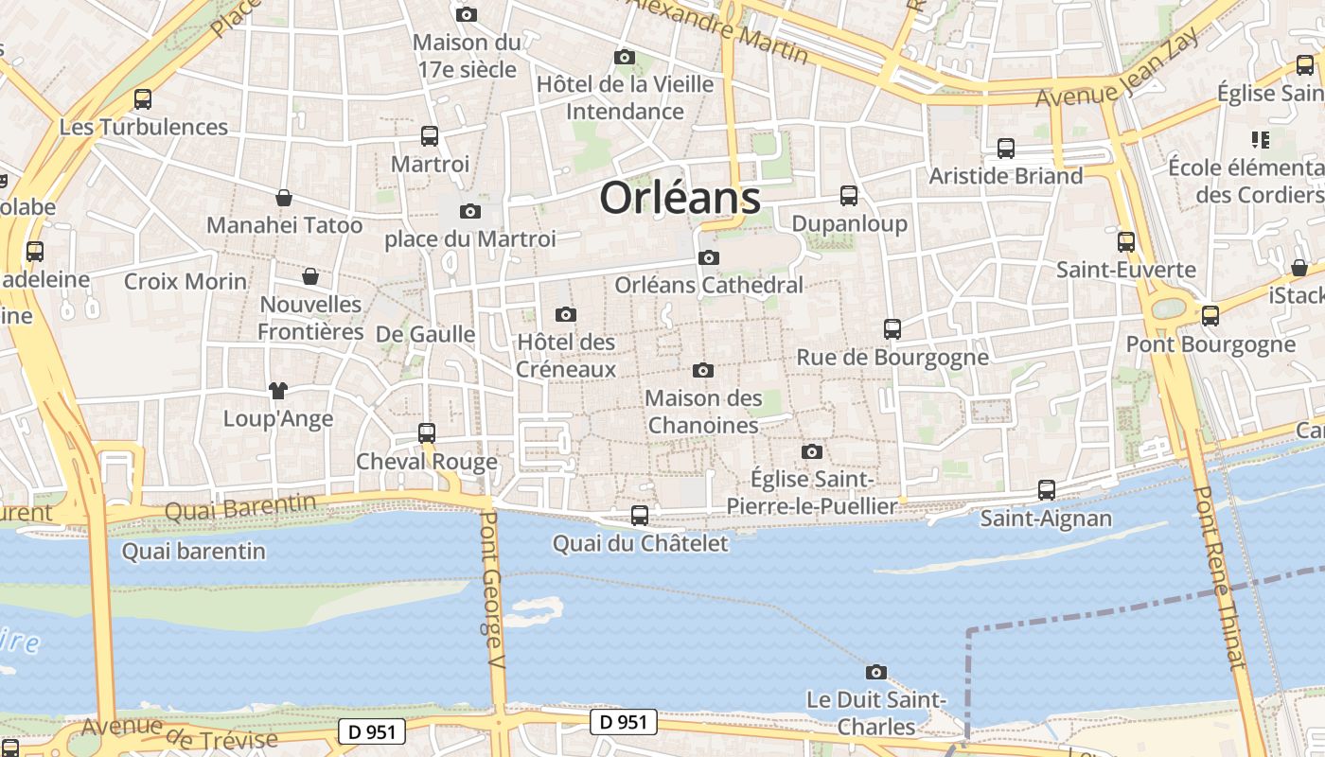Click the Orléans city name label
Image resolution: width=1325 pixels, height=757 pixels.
(680, 199)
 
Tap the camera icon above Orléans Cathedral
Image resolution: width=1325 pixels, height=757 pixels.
(708, 257)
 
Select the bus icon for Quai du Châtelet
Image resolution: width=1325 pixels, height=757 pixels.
(640, 515)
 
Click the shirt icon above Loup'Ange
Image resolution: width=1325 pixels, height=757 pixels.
(277, 390)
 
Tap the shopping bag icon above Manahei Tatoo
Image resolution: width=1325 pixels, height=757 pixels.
(284, 198)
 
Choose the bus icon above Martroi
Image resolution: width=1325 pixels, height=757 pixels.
(430, 136)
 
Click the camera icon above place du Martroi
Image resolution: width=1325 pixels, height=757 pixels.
(469, 211)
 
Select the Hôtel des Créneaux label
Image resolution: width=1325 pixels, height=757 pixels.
(566, 356)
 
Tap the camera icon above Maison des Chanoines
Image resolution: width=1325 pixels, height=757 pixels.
(702, 370)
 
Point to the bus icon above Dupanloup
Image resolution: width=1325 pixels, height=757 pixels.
(849, 196)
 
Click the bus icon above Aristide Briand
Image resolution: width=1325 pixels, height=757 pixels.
(1006, 149)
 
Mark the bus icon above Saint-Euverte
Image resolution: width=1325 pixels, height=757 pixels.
(1126, 242)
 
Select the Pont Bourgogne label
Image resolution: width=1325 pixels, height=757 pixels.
(1210, 343)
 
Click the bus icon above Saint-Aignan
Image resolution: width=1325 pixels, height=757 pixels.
(1047, 490)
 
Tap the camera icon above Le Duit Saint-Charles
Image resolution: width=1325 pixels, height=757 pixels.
(876, 672)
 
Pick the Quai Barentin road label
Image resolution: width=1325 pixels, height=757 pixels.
(240, 508)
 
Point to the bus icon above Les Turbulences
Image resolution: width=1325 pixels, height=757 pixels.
(143, 99)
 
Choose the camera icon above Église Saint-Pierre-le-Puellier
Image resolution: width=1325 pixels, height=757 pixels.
(812, 451)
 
